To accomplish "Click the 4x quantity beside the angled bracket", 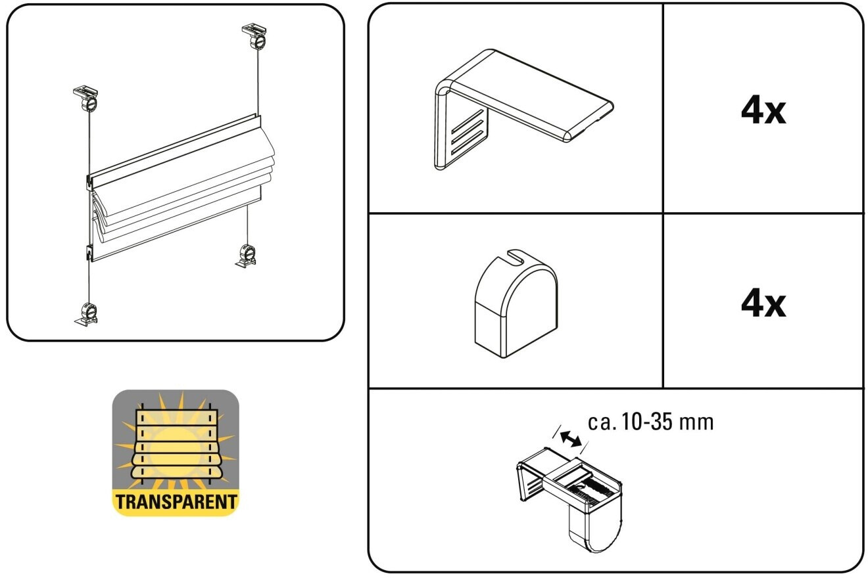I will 763,110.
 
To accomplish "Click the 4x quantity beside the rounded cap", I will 763,303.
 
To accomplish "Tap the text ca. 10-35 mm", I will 650,422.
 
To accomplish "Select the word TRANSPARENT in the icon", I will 176,502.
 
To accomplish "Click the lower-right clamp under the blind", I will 247,256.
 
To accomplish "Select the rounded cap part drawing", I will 516,302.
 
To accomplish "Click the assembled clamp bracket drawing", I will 569,493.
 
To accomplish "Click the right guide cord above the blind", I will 258,82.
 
